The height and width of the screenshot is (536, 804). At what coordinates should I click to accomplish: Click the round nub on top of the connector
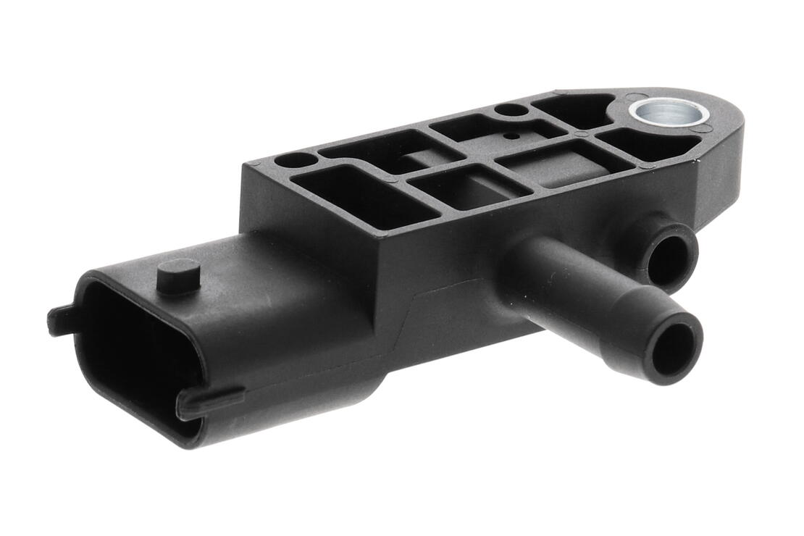click(x=177, y=275)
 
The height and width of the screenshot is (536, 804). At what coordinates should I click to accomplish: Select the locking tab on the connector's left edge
click(x=62, y=319)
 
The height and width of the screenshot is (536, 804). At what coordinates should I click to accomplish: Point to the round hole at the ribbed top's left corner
click(x=296, y=159)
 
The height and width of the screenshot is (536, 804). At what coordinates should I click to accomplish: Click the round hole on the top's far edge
click(x=511, y=110)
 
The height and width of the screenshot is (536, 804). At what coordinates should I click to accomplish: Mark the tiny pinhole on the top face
click(x=512, y=135)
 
